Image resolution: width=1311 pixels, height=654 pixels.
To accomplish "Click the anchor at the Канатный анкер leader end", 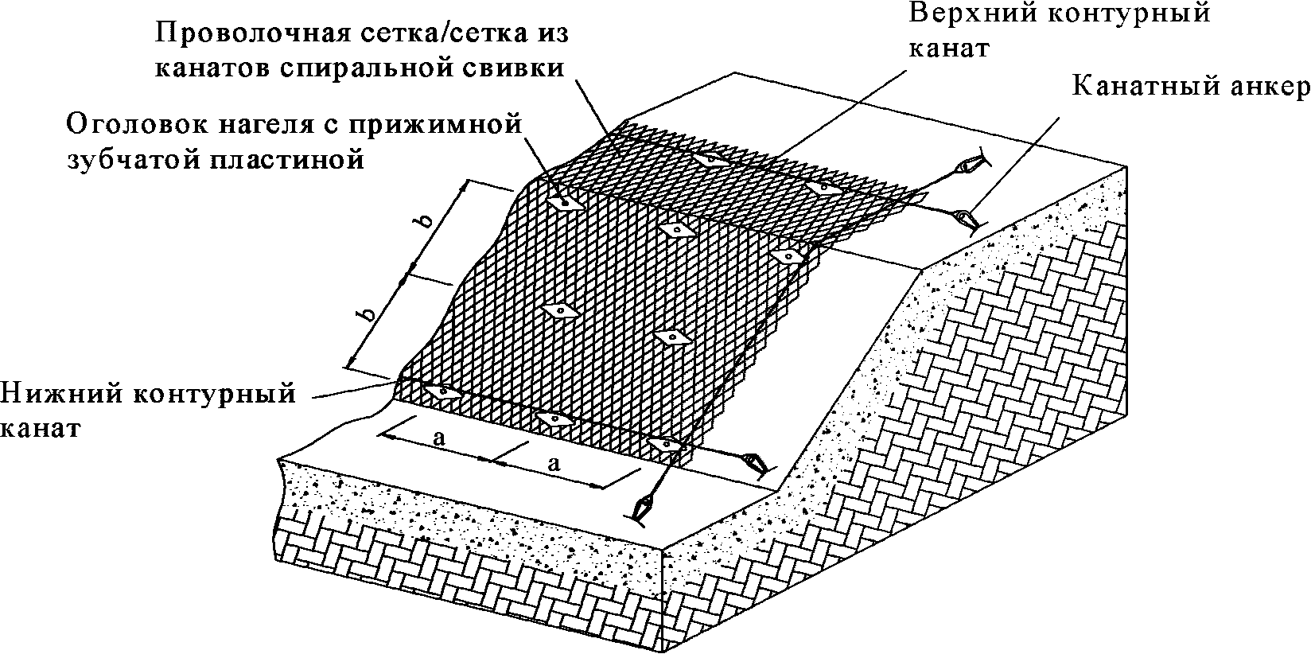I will click(x=966, y=216).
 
